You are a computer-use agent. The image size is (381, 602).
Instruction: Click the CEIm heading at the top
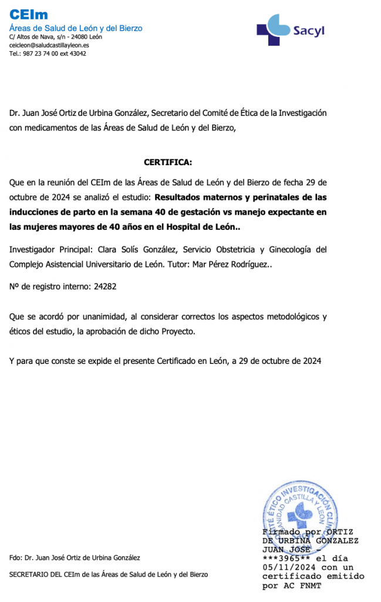point(28,15)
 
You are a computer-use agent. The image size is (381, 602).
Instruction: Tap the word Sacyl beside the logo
point(308,31)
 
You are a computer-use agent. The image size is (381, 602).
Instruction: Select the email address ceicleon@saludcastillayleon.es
point(49,45)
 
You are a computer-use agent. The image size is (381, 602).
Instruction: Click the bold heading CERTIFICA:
point(168,162)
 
